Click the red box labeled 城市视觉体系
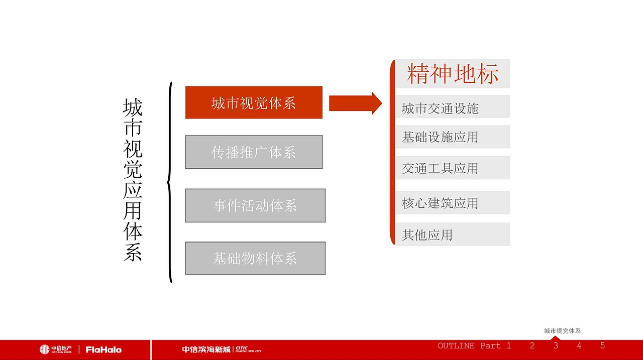tap(254, 103)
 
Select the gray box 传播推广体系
tap(254, 152)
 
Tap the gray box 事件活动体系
tap(255, 205)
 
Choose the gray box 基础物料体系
tap(255, 259)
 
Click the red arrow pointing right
tap(355, 103)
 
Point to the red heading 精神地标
tap(453, 74)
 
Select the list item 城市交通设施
tap(440, 108)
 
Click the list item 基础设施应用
tap(440, 137)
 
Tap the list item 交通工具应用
tap(440, 168)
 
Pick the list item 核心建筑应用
tap(440, 203)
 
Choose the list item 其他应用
tap(427, 234)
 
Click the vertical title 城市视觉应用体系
tap(133, 180)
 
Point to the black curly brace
tap(170, 182)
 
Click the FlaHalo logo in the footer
tap(103, 349)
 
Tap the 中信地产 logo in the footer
tap(56, 349)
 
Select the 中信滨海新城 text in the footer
tap(206, 349)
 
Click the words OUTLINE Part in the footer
tap(469, 345)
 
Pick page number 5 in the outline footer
tap(602, 345)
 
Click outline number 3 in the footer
tap(556, 345)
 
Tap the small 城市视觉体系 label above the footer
tap(562, 331)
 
